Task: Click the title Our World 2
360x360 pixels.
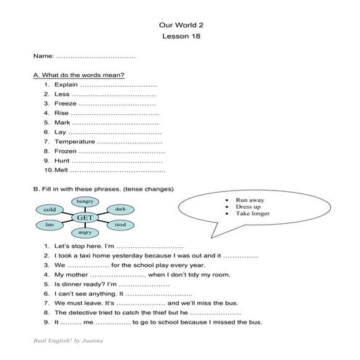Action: [180, 24]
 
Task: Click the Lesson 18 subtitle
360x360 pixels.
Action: [180, 36]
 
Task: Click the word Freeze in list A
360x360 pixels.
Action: [65, 103]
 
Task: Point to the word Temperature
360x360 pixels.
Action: [73, 141]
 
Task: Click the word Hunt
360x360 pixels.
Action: [62, 160]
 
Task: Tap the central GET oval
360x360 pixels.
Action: [84, 217]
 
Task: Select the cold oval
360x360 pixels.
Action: [49, 209]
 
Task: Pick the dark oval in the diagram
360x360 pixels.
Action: [120, 209]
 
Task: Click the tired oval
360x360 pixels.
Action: [120, 225]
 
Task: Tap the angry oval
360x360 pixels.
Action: [84, 233]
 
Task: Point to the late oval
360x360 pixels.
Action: [49, 225]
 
